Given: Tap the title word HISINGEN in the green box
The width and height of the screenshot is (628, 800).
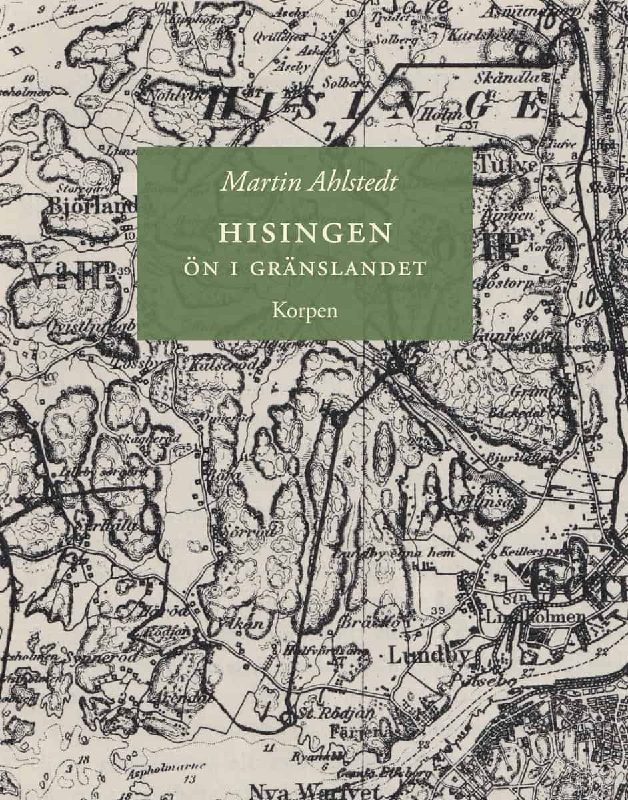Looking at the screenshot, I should click(305, 233).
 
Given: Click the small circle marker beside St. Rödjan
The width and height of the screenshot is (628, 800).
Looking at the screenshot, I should click(288, 718).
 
